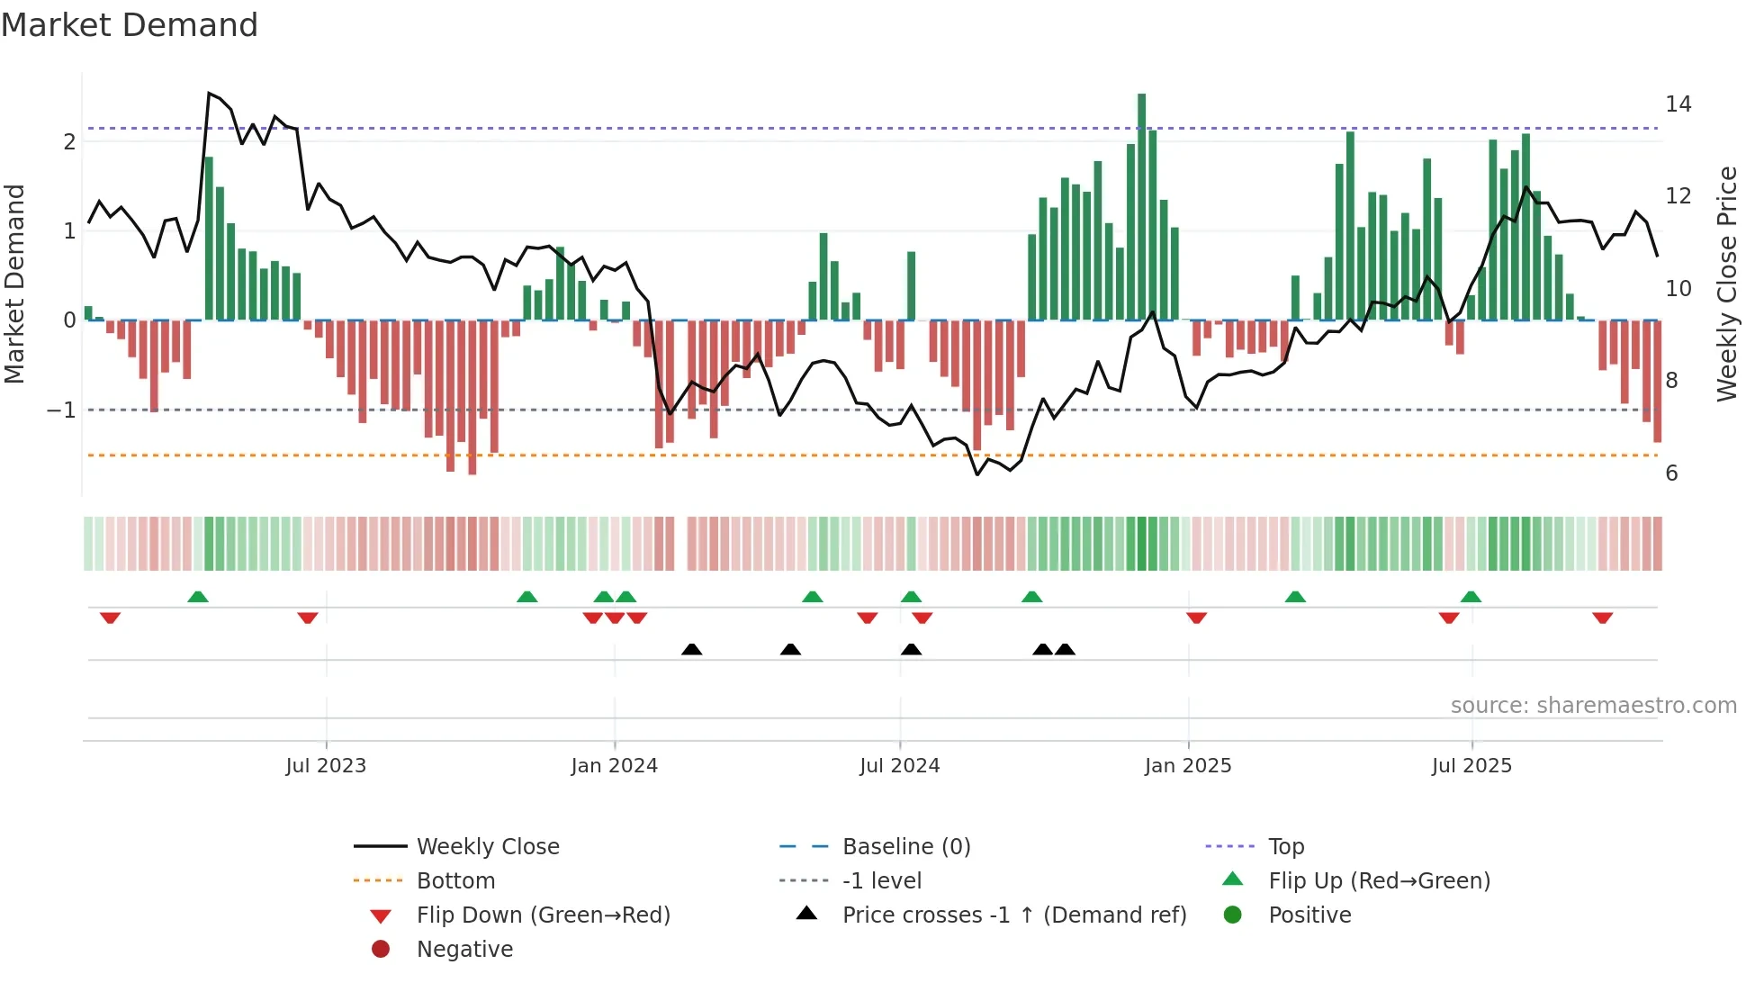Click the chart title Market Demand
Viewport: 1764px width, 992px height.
[130, 25]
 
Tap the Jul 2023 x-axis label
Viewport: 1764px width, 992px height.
[326, 766]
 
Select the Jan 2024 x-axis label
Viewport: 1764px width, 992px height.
[614, 766]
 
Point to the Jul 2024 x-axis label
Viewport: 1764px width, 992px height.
[899, 766]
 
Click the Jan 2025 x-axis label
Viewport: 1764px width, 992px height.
[1187, 766]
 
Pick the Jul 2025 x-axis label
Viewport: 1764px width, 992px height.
[1471, 766]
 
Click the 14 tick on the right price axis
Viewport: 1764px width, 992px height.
[1678, 104]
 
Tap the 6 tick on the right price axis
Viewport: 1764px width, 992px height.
[1671, 473]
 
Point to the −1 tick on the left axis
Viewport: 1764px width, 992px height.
[62, 410]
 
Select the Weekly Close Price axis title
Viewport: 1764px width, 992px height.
[1726, 284]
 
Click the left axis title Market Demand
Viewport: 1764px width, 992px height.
[14, 284]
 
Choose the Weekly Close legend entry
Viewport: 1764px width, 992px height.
[487, 847]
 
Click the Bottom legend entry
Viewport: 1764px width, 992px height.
[455, 881]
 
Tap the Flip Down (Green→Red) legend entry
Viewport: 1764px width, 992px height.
[543, 915]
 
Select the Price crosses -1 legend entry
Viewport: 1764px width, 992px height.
[1013, 915]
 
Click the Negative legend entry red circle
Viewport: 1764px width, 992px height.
[381, 950]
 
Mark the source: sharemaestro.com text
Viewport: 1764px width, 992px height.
[1593, 706]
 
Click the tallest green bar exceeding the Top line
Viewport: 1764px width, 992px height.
[1141, 207]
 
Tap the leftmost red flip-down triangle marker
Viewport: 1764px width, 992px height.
[110, 618]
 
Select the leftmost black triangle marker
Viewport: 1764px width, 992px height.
[691, 649]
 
